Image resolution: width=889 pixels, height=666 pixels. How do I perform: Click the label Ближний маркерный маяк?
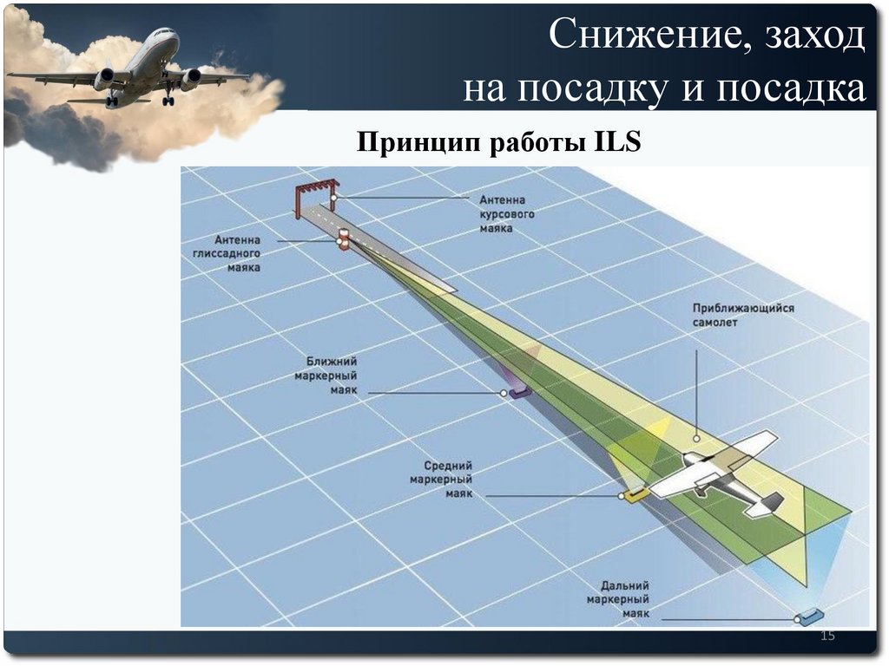coord(331,375)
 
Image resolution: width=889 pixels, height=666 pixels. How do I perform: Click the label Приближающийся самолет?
coord(743,315)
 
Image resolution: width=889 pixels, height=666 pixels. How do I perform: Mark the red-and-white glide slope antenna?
coord(344,239)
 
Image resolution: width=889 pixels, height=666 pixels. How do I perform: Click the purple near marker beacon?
coord(519,393)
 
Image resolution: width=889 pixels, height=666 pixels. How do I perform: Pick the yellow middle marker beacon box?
coord(635,494)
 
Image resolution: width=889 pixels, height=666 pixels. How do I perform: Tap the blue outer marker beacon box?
coord(810,616)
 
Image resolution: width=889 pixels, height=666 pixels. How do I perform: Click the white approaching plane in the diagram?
coord(721,475)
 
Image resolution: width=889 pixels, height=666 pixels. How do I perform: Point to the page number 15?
coord(827,637)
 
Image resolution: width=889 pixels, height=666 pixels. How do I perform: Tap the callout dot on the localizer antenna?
coord(333,199)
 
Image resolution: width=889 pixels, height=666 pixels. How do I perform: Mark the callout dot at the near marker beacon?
coord(504,393)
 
